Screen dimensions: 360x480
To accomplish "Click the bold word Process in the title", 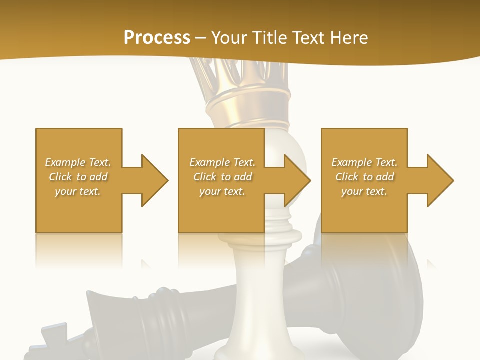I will coord(157,38).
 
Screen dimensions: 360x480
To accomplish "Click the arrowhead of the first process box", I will coord(154,180).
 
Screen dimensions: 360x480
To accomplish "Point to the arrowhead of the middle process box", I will coord(297,180).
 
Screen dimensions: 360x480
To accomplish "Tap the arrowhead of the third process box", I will coord(440,180).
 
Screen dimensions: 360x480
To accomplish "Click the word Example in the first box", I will coord(64,162).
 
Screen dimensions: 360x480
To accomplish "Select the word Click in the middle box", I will coord(204,177).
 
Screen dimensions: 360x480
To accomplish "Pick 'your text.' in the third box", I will coord(364,191).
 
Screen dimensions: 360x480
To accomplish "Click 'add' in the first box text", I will coord(99,177).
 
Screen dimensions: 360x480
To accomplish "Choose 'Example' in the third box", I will coord(351,162).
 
